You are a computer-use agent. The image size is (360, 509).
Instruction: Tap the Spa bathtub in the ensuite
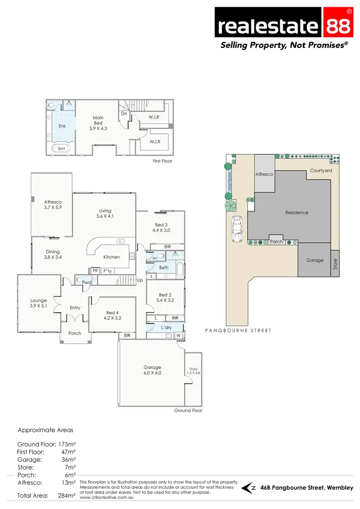(61, 148)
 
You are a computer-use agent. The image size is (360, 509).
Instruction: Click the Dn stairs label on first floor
(124, 114)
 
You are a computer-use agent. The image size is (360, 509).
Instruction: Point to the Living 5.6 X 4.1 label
(105, 213)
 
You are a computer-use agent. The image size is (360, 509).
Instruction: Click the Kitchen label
(111, 257)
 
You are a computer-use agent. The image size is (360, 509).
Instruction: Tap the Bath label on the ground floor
(164, 268)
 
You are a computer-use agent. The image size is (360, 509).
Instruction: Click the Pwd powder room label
(86, 283)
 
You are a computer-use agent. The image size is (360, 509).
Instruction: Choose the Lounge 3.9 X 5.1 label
(39, 303)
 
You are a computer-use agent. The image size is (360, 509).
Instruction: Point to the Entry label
(75, 308)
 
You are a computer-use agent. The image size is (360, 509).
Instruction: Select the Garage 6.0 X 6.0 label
(152, 370)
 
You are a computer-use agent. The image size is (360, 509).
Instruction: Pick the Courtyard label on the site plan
(321, 170)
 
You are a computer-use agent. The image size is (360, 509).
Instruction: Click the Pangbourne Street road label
(238, 331)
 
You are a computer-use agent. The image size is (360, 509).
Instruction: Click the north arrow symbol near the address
(249, 488)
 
